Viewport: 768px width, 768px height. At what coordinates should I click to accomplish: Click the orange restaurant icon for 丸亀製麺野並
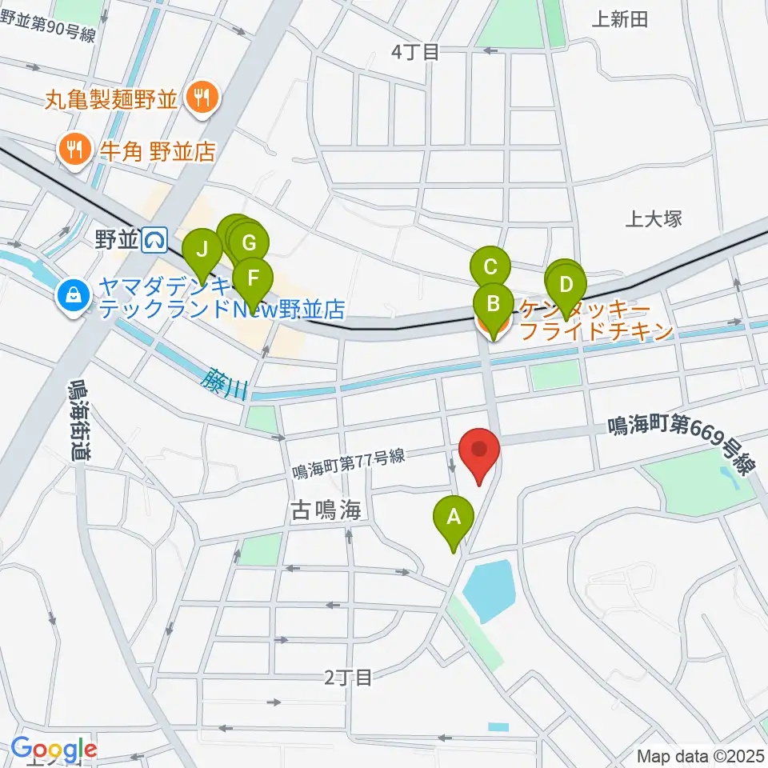(197, 99)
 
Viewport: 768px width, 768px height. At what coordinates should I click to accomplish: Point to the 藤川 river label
(226, 382)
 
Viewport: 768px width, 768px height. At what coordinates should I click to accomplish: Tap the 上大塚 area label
(654, 218)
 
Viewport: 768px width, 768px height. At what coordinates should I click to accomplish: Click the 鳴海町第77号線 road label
(349, 466)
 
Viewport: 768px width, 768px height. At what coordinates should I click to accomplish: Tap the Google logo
(54, 749)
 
